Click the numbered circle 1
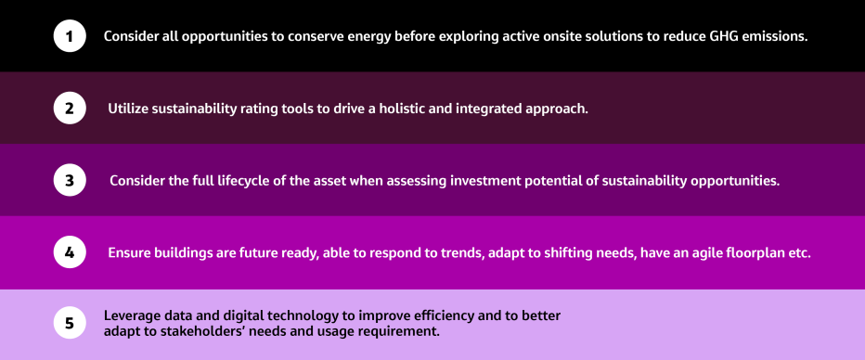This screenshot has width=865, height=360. pyautogui.click(x=70, y=36)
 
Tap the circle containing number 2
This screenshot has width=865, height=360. pyautogui.click(x=70, y=109)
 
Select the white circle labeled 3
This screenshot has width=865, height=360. pyautogui.click(x=70, y=180)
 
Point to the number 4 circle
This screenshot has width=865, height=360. pyautogui.click(x=70, y=252)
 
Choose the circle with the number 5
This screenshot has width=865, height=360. pyautogui.click(x=70, y=324)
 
